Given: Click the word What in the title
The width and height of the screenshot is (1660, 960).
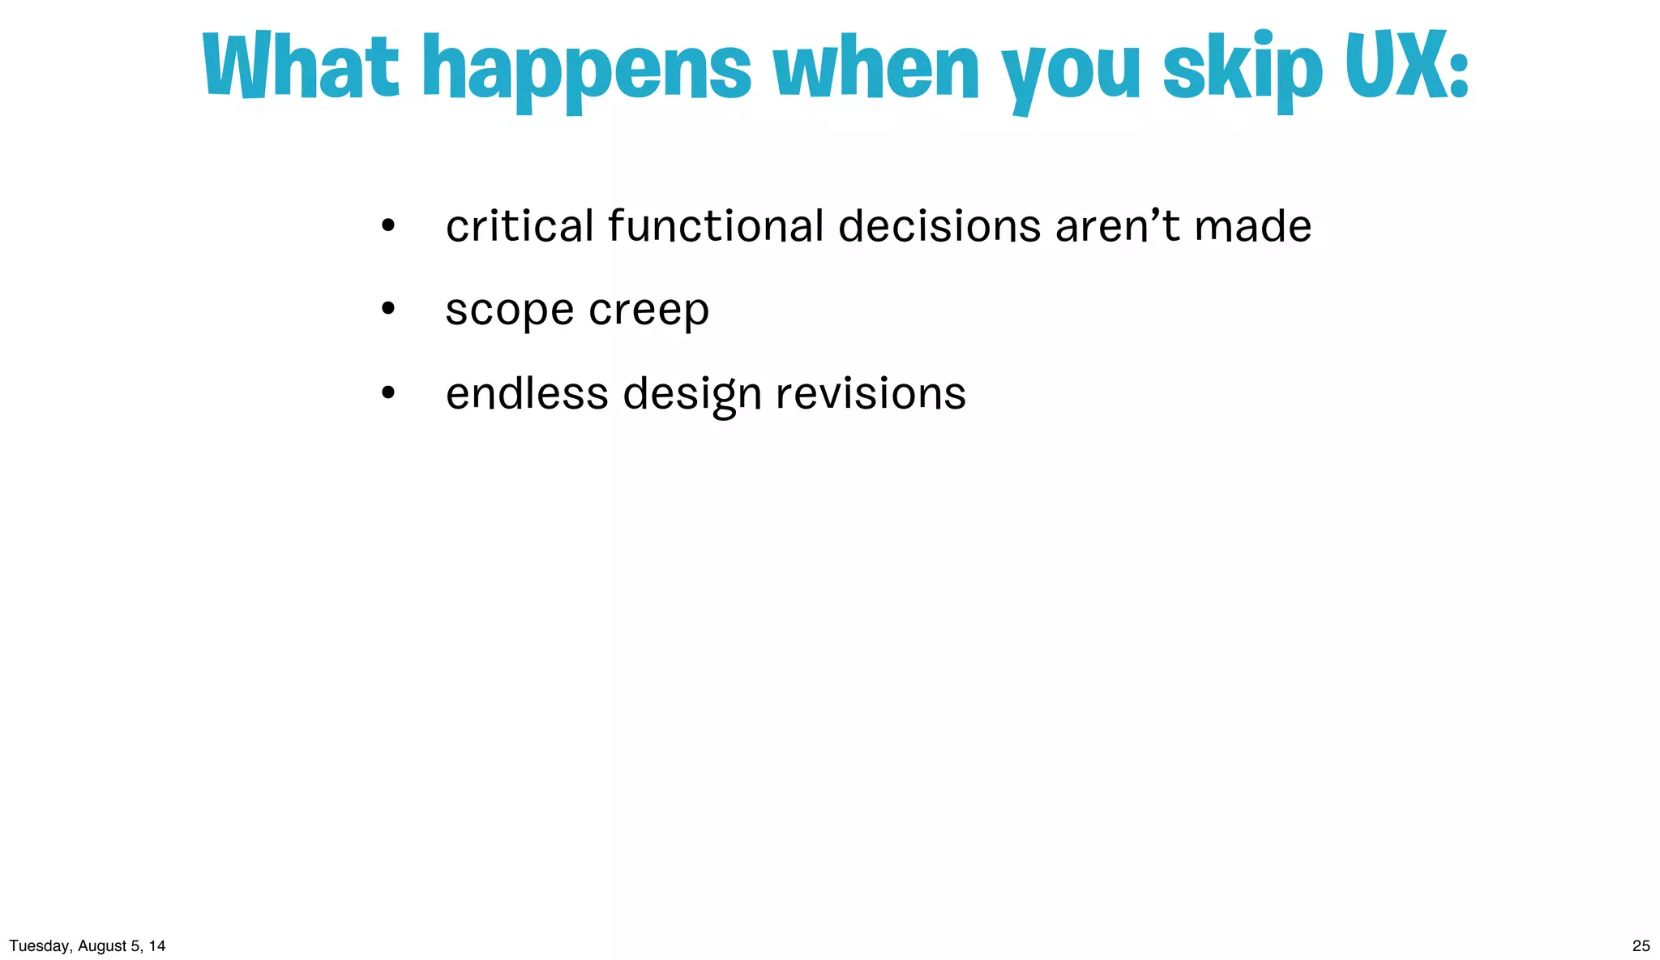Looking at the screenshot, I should [x=300, y=67].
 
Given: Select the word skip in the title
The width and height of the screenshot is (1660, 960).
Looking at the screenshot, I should [x=1242, y=71].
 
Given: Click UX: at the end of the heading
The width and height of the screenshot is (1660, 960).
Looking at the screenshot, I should [x=1406, y=66].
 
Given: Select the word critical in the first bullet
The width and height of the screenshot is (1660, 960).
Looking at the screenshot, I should [x=520, y=226].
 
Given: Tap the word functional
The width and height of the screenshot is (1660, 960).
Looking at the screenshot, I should [x=716, y=226].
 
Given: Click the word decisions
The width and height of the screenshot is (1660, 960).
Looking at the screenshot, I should [x=939, y=226].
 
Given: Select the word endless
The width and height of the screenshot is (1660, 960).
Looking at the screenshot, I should [x=527, y=394].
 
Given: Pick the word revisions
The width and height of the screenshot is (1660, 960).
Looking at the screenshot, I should [x=871, y=394].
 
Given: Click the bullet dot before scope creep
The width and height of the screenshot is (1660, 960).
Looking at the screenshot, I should [x=388, y=309].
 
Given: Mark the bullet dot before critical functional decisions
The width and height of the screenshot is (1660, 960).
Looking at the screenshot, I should [x=388, y=225].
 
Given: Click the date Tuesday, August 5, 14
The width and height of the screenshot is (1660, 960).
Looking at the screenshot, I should [x=88, y=945].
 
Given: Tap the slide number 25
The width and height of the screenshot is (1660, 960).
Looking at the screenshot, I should [x=1641, y=945].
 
